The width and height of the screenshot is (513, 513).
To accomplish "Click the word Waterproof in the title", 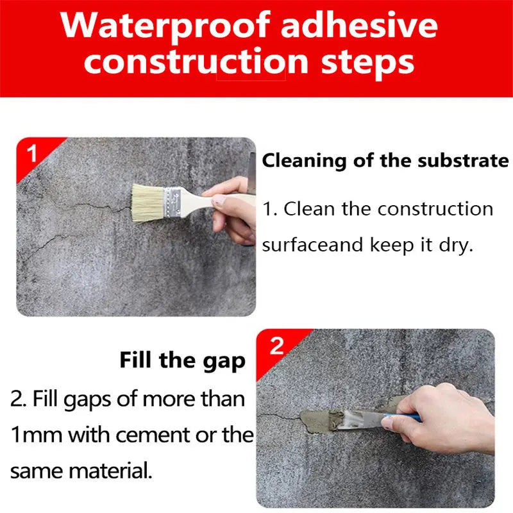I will [x=166, y=25].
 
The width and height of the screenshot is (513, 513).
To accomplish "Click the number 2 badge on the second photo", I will [x=276, y=346].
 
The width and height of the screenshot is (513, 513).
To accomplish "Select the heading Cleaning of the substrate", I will [x=385, y=160].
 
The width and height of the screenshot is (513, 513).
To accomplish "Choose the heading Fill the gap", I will [x=182, y=360].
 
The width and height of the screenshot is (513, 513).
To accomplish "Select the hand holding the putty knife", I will [x=442, y=410].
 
